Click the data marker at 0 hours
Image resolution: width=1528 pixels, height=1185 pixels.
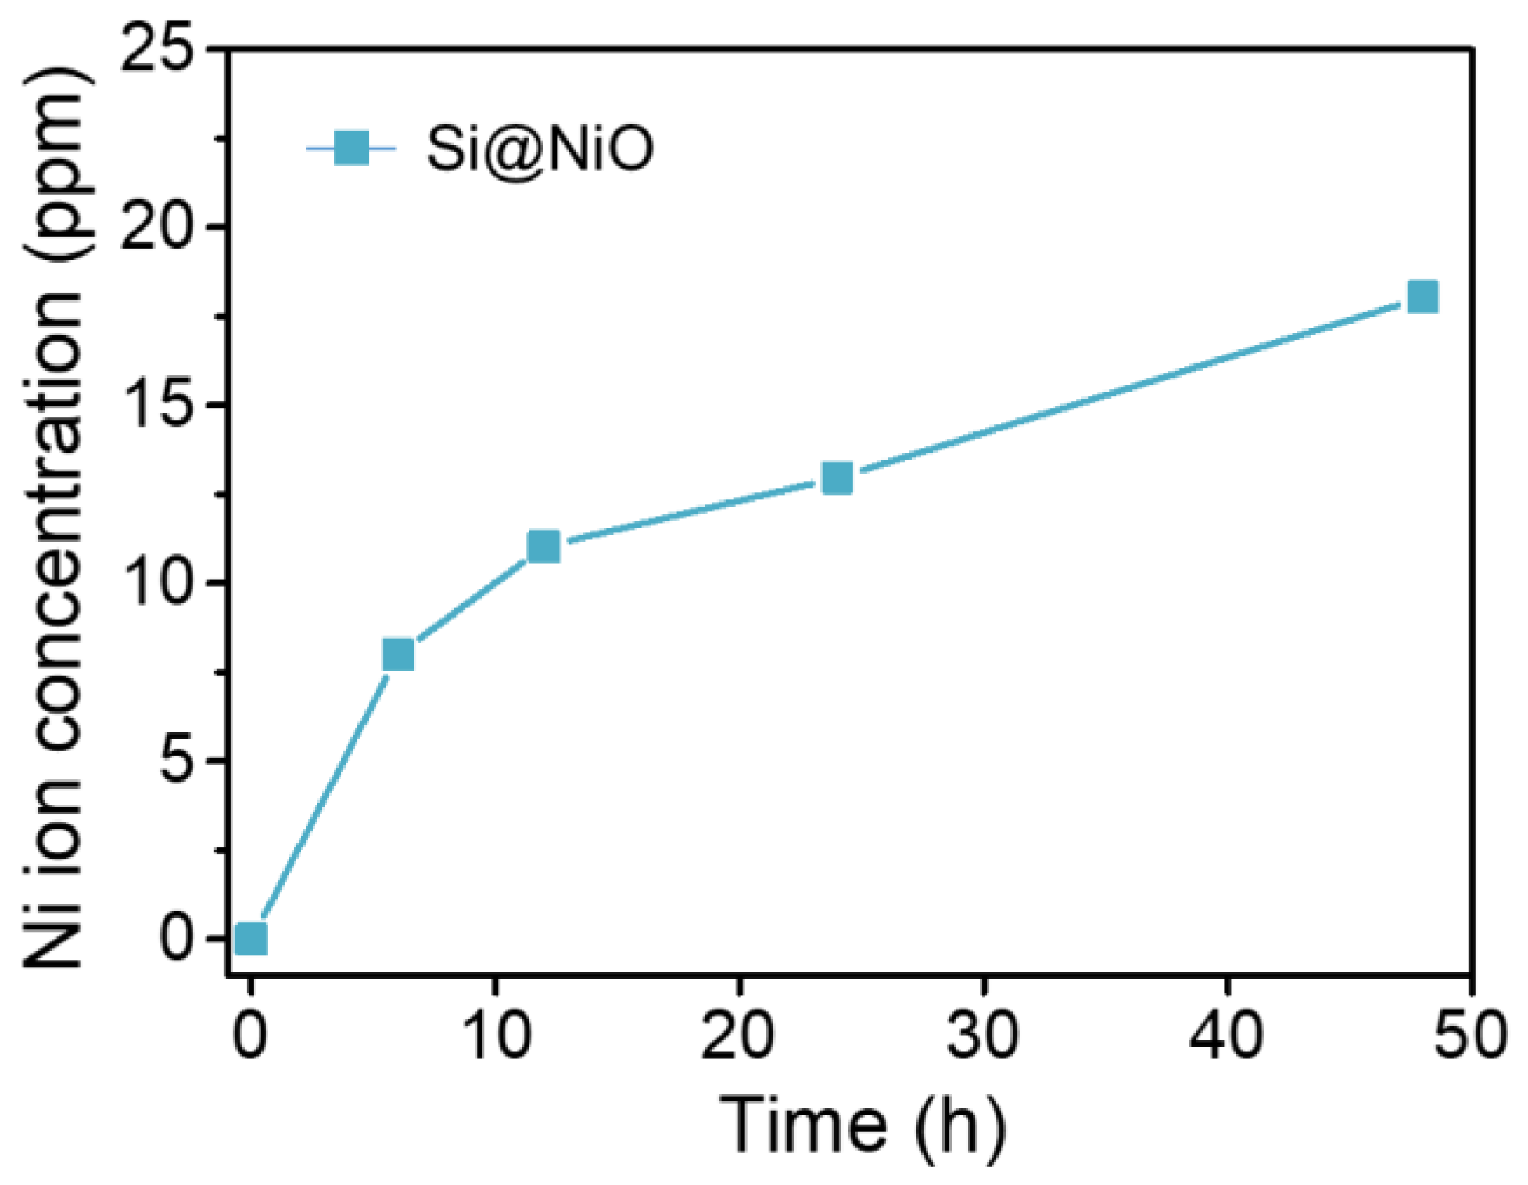(251, 938)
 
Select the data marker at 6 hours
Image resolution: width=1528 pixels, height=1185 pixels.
(398, 654)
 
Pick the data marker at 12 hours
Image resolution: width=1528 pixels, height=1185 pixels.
(543, 546)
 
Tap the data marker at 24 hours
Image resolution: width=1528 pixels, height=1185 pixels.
(837, 477)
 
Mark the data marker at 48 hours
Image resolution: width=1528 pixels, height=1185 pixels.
(1422, 297)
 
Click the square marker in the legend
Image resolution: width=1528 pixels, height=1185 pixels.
(351, 148)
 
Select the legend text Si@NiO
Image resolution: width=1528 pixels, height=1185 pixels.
(540, 149)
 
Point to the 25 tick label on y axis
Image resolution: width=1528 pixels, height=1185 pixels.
(156, 48)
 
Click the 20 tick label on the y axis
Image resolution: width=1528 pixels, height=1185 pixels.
(156, 227)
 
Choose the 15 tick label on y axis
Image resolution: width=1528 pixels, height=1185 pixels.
(156, 405)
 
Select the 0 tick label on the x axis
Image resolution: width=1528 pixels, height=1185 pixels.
(250, 1034)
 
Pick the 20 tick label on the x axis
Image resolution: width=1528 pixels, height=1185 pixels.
(738, 1034)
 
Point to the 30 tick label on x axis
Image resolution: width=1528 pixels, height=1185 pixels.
(982, 1034)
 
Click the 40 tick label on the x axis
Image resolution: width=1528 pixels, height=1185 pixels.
(1226, 1034)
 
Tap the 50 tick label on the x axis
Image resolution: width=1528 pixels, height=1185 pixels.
(1470, 1034)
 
